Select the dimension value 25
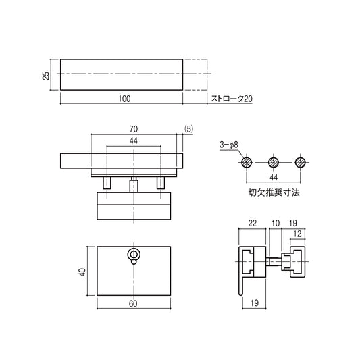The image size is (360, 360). coord(46,75)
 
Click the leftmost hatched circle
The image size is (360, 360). coord(247,163)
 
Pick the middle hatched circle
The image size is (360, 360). coord(274,163)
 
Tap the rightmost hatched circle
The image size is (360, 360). coord(301,163)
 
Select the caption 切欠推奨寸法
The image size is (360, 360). coord(274,192)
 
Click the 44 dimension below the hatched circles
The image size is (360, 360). coord(274,177)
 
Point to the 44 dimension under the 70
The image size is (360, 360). coord(134,140)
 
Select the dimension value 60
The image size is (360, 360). coord(133,304)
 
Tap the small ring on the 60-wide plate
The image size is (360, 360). coord(134,255)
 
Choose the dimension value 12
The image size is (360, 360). coord(298,234)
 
